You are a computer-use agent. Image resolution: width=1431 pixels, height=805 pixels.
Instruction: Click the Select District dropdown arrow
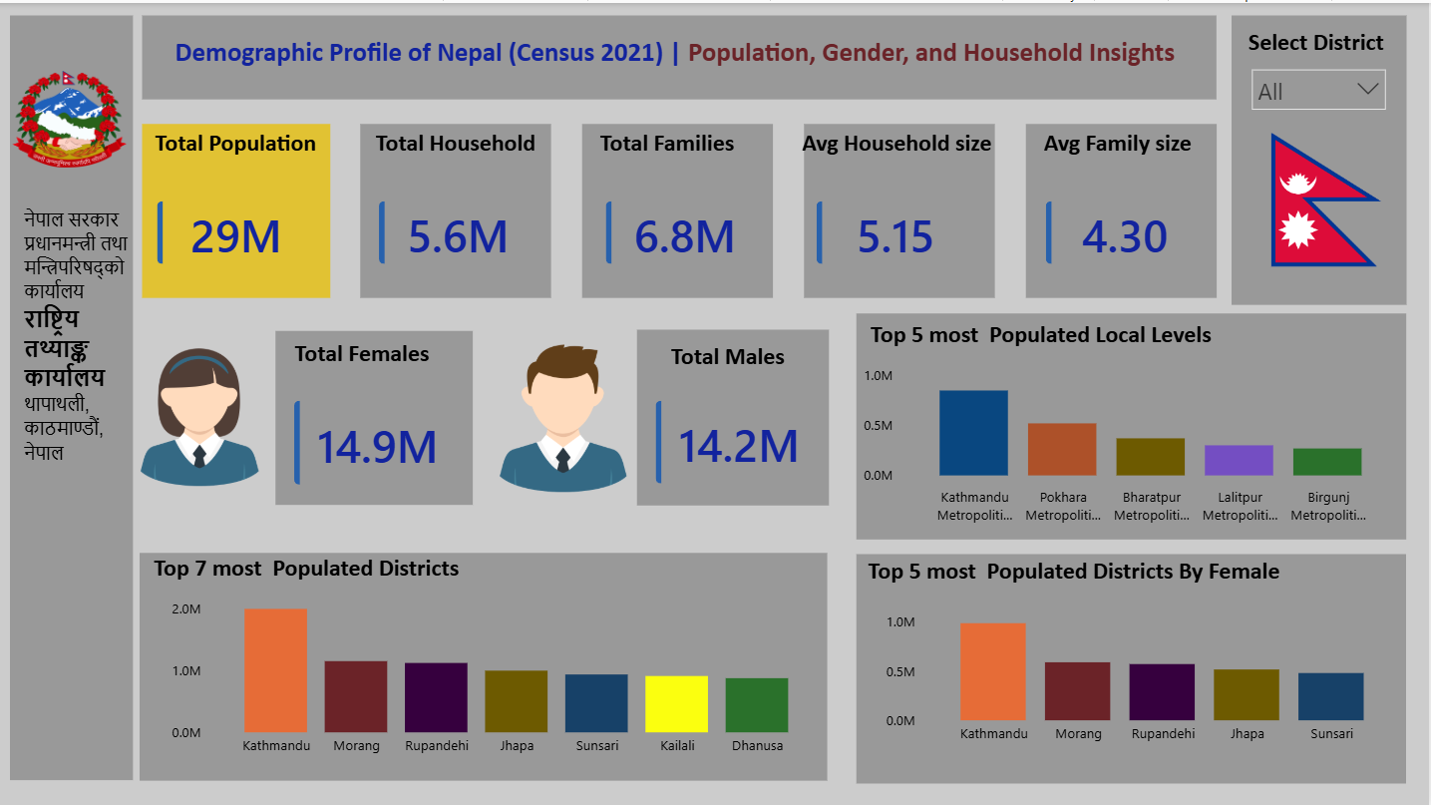pos(1367,90)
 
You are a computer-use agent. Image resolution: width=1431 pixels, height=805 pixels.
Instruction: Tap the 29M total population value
pos(235,237)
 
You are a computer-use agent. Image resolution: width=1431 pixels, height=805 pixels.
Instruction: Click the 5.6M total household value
pos(458,237)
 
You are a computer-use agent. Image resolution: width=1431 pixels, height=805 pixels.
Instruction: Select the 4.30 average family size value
pos(1124,237)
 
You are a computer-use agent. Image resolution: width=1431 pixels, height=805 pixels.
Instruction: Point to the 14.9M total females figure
pos(377,447)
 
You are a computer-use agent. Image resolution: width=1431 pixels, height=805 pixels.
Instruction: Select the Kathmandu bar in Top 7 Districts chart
pos(275,670)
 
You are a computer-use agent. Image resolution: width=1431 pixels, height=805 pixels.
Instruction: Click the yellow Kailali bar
pos(676,704)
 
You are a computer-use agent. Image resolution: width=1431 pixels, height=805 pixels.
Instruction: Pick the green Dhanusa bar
pos(756,705)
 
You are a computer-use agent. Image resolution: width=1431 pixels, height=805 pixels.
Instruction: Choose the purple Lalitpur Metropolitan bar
pos(1239,460)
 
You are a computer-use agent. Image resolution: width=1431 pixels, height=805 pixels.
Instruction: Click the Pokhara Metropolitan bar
pos(1062,449)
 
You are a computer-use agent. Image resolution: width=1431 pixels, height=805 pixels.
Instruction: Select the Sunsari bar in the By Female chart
pos(1330,696)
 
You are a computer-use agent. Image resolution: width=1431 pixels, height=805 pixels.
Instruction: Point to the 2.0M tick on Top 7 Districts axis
pos(186,609)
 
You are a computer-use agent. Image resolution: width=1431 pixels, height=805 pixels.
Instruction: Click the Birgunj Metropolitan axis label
pos(1327,506)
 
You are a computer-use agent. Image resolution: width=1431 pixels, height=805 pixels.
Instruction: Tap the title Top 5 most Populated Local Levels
pos(1040,335)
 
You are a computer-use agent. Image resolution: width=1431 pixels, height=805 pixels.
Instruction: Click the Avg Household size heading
pos(896,144)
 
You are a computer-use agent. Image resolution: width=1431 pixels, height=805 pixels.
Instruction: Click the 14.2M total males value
pos(738,447)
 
